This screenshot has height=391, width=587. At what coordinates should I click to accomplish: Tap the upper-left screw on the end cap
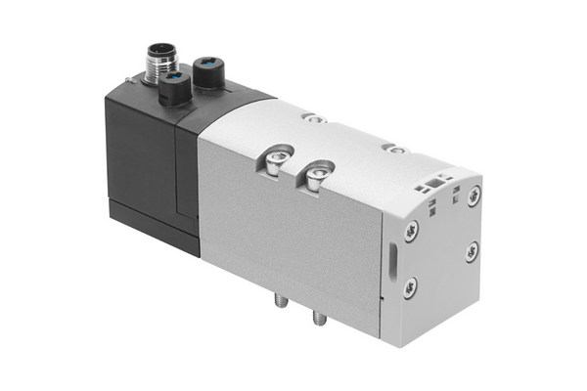(411, 233)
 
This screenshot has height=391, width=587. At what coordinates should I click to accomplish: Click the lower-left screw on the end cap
(410, 285)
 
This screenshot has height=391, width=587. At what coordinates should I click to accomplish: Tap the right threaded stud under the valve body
(318, 319)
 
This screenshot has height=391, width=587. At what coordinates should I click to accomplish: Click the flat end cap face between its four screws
(442, 244)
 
